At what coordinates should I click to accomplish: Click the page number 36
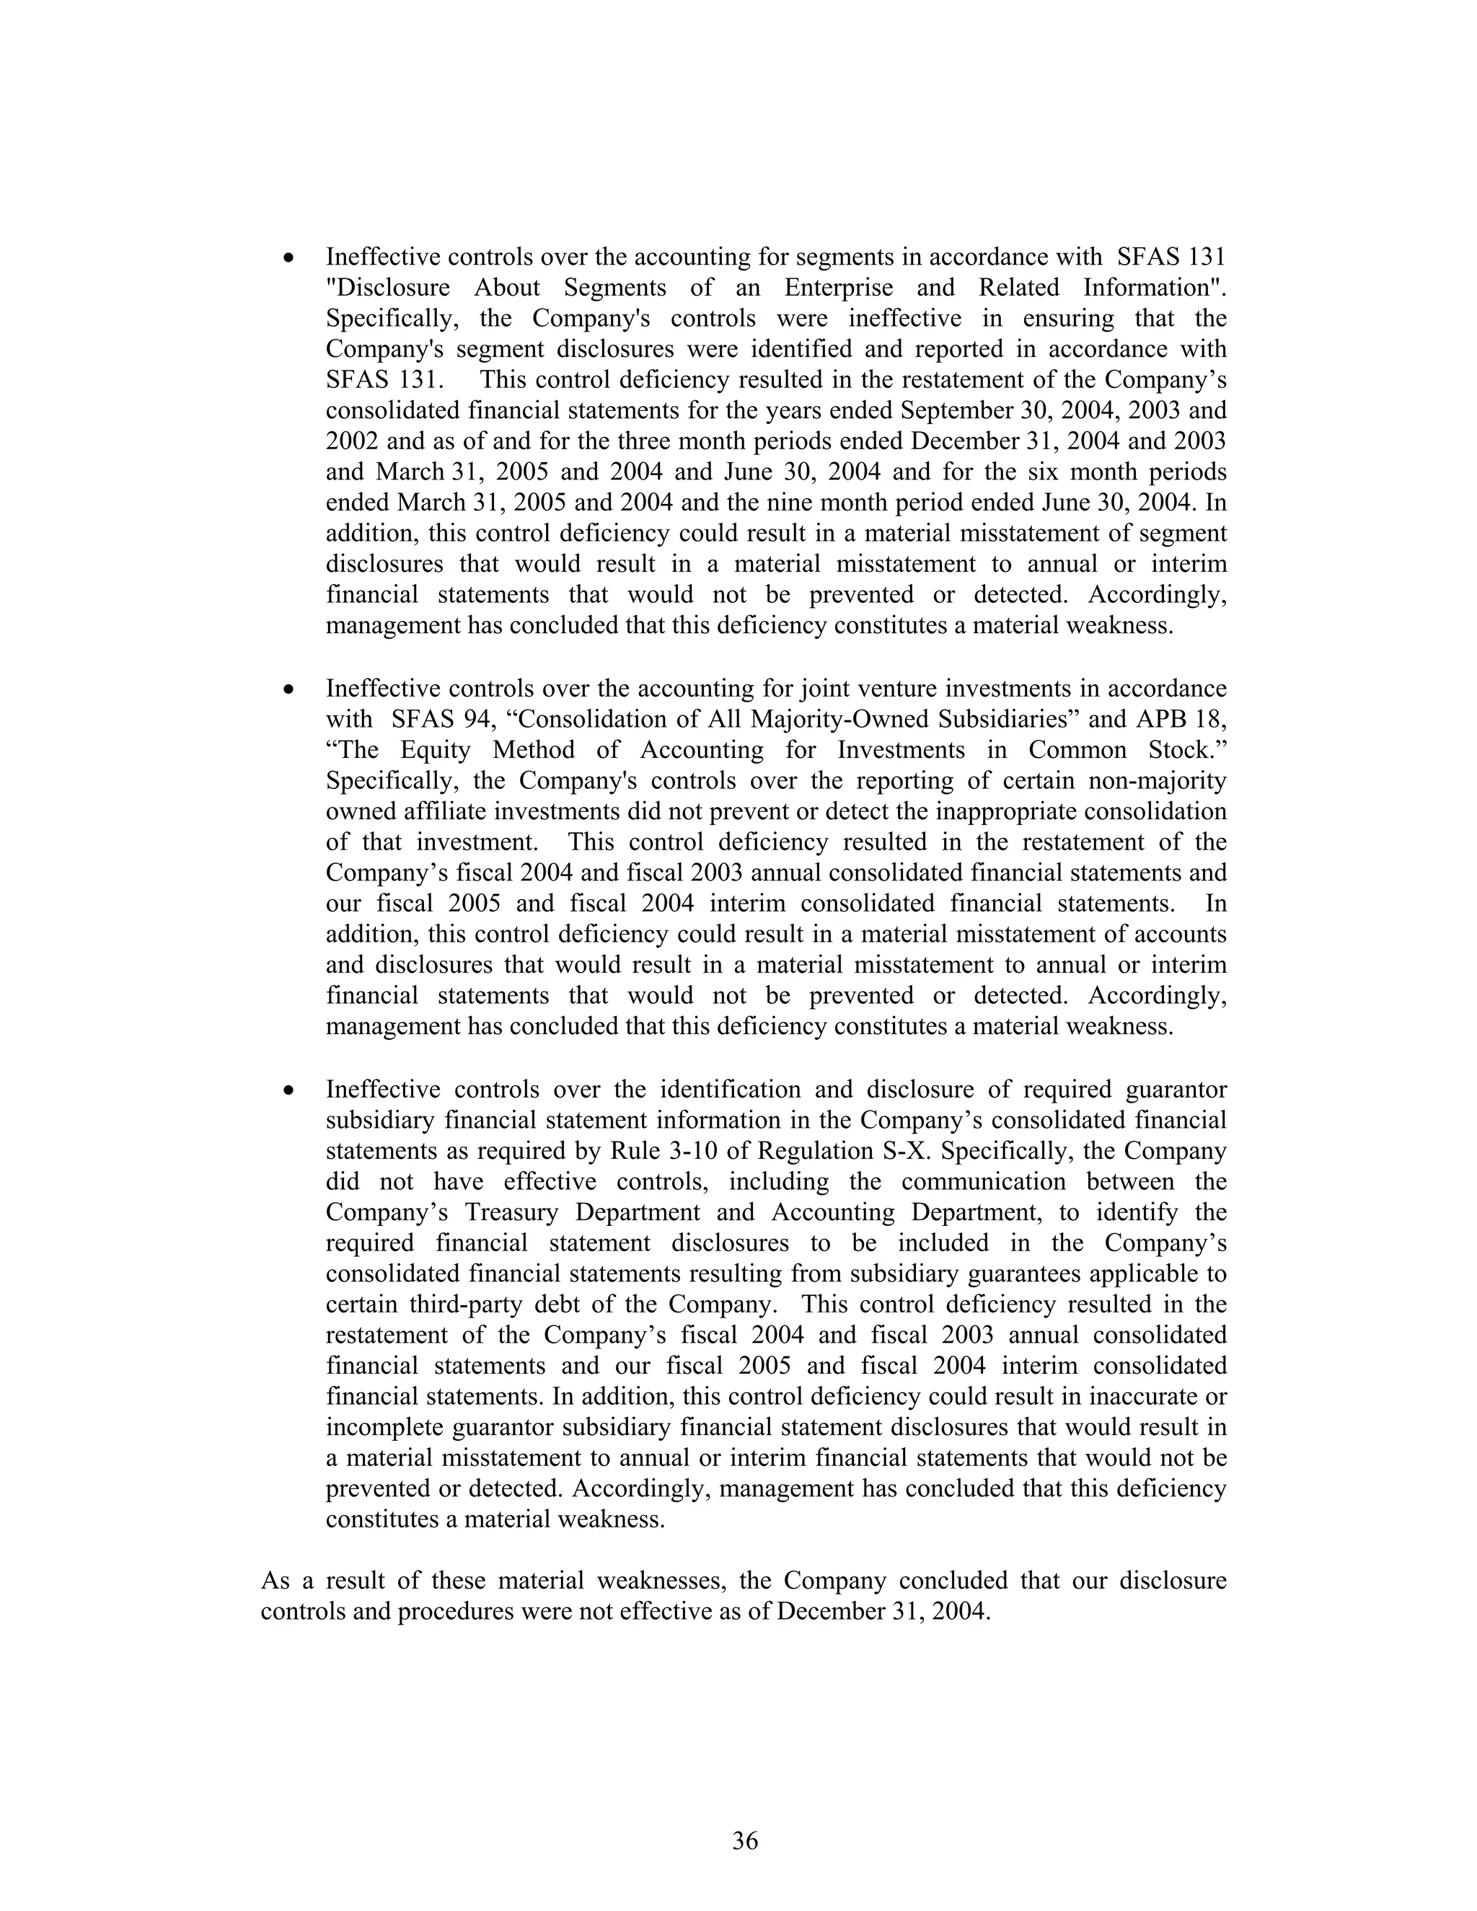744,1841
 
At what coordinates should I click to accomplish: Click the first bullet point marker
288,258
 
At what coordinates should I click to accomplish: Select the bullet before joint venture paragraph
288,690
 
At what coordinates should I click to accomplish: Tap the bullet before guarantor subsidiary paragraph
288,1091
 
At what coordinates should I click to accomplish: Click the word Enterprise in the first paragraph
838,288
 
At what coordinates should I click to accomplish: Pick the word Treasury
520,1213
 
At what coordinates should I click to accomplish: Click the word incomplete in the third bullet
385,1428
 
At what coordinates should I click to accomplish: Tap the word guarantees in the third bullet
1031,1274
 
